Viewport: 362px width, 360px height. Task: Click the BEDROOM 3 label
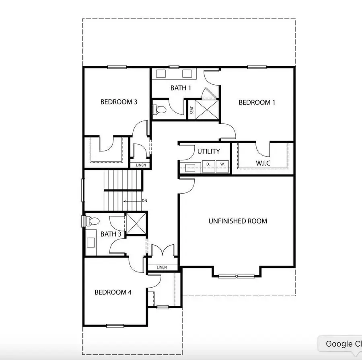[x=119, y=102]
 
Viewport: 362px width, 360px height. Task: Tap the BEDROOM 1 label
[x=257, y=102]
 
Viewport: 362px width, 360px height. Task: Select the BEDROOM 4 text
[x=113, y=292]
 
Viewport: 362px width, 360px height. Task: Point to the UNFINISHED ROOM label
[x=238, y=221]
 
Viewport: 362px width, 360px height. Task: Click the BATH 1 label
[x=181, y=88]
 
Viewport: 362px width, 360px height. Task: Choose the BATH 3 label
[x=111, y=234]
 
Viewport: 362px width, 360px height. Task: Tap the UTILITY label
[x=208, y=151]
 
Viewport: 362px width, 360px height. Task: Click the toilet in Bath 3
[x=93, y=221]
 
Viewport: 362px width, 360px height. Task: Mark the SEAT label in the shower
[x=192, y=110]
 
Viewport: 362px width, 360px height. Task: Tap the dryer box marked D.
[x=208, y=165]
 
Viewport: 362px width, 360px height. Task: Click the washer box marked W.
[x=222, y=165]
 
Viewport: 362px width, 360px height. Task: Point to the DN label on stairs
[x=144, y=201]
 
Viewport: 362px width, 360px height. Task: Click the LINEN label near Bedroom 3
[x=140, y=165]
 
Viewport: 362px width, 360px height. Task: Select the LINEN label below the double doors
[x=162, y=267]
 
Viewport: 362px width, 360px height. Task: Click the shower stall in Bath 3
[x=136, y=223]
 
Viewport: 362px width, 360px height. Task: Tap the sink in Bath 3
[x=90, y=242]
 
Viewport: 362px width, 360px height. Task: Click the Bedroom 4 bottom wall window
[x=115, y=325]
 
